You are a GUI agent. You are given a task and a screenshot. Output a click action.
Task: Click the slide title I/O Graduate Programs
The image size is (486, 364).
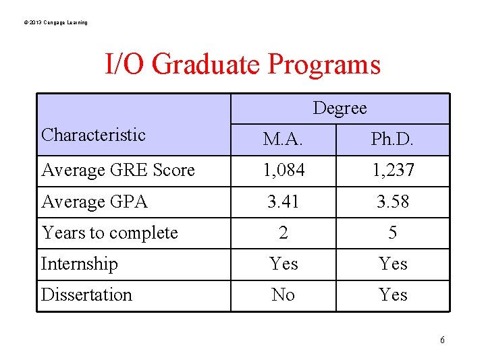pos(243,65)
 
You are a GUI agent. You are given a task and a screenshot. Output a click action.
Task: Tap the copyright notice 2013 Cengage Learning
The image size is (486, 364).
pos(55,23)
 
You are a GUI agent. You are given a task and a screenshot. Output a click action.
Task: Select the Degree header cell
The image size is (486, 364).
pos(340,108)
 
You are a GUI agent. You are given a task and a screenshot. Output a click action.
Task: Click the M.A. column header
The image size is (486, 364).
pos(283,140)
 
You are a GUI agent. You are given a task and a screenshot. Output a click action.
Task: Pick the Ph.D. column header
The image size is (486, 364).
pos(392,140)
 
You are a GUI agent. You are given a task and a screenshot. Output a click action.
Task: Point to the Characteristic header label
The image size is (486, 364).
pos(93,135)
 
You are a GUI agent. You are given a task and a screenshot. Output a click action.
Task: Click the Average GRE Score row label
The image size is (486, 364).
pos(118,171)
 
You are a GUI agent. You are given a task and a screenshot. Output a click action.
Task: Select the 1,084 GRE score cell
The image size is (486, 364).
pos(283,171)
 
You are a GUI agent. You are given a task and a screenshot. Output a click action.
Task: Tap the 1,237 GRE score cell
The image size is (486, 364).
pos(392,171)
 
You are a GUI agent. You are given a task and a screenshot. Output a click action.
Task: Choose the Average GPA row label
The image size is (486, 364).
pos(94,202)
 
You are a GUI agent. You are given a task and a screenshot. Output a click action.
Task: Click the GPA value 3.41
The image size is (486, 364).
pos(283,202)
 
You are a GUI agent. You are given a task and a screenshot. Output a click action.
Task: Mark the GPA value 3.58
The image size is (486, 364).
pos(392,202)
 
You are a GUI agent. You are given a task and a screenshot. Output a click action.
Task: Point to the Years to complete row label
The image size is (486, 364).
pos(109,233)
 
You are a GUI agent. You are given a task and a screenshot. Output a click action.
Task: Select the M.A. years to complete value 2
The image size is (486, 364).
pos(283,233)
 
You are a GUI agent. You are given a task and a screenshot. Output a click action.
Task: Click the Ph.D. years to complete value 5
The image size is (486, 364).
pos(392,233)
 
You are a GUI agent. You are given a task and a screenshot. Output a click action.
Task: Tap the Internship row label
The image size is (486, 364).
pos(80,264)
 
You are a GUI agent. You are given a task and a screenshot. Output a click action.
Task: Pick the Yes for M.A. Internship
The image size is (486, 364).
pos(283,264)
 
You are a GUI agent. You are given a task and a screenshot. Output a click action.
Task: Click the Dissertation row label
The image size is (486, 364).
pos(86,295)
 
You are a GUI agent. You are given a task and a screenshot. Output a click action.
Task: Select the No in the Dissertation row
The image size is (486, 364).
pos(283,295)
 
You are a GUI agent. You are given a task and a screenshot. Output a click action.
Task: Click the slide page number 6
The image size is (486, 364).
pos(442,340)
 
